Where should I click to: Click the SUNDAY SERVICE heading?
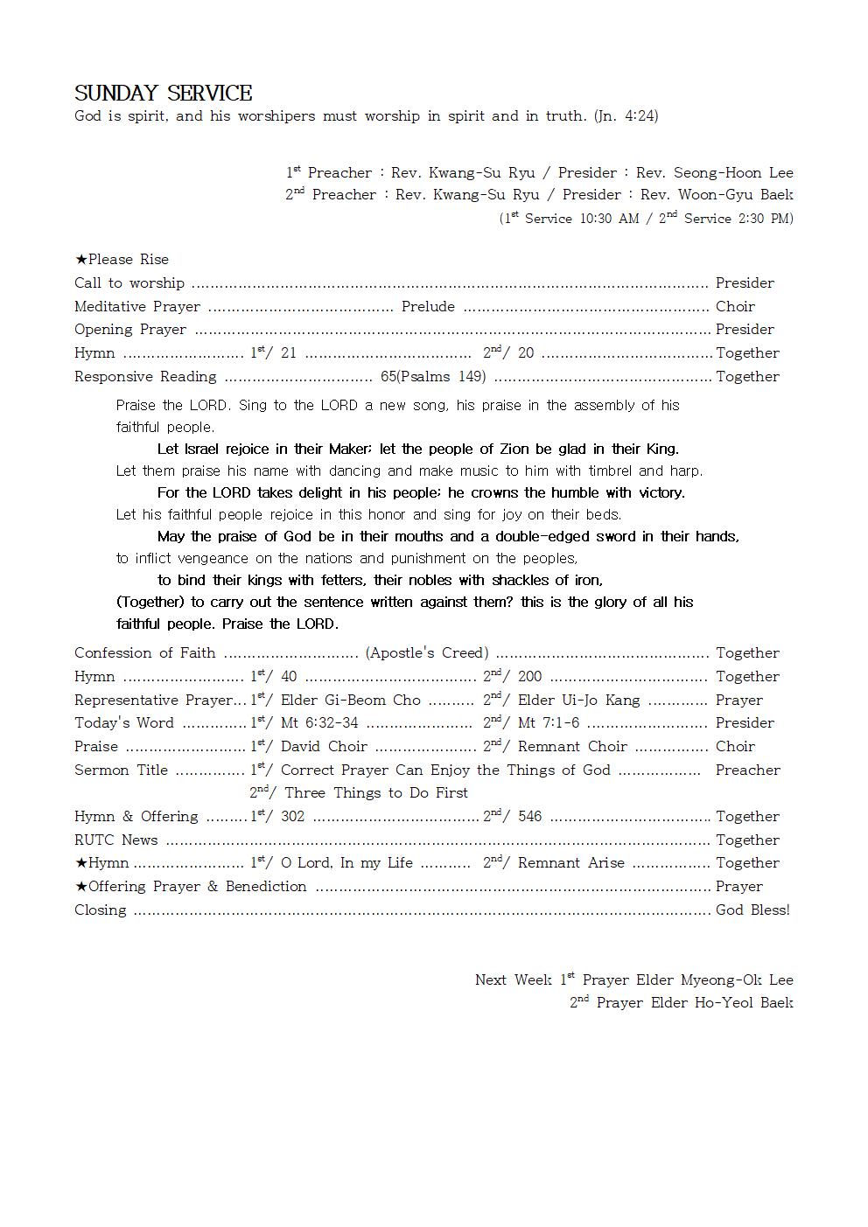tap(164, 94)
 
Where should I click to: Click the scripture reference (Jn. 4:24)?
tap(626, 116)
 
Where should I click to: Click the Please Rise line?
tap(122, 260)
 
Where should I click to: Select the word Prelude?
tap(428, 307)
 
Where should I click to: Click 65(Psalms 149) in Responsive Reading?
tap(433, 377)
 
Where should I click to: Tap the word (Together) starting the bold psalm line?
tap(150, 603)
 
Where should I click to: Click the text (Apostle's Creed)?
tap(427, 653)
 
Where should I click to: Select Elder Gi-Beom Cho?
tap(350, 701)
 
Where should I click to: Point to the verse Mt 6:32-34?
tap(318, 723)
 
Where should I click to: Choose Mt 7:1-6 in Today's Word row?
tap(548, 723)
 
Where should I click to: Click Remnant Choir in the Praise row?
tap(572, 747)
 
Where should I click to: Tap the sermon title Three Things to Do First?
tap(376, 793)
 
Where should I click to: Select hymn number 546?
tap(529, 817)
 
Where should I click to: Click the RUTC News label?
tap(116, 840)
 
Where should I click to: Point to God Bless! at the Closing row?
tap(752, 910)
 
